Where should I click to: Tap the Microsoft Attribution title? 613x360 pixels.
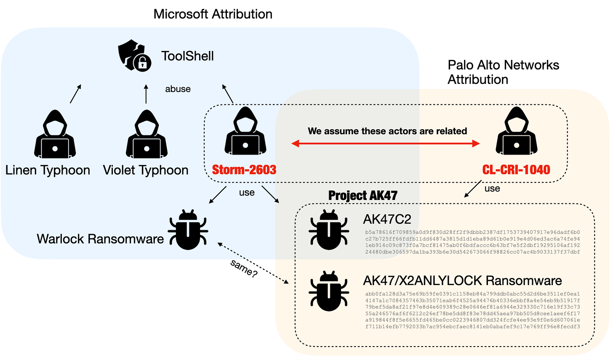pyautogui.click(x=213, y=14)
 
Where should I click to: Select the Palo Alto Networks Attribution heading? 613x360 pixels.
pyautogui.click(x=503, y=72)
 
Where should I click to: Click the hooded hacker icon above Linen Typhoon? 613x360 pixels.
pyautogui.click(x=55, y=134)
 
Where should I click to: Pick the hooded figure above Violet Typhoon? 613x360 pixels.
pyautogui.click(x=147, y=134)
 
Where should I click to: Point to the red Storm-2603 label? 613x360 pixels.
pyautogui.click(x=244, y=170)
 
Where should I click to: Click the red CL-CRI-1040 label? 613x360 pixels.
pyautogui.click(x=516, y=170)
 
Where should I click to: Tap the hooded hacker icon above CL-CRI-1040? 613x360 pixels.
pyautogui.click(x=517, y=131)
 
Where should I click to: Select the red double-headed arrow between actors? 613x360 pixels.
pyautogui.click(x=386, y=144)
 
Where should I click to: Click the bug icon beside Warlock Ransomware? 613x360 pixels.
pyautogui.click(x=188, y=229)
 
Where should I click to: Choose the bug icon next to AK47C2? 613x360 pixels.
pyautogui.click(x=328, y=229)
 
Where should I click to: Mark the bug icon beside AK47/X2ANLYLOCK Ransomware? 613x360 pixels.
pyautogui.click(x=328, y=291)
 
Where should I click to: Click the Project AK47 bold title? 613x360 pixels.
pyautogui.click(x=362, y=195)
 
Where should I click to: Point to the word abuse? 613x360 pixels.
pyautogui.click(x=178, y=89)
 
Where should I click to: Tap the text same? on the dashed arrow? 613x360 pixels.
pyautogui.click(x=244, y=268)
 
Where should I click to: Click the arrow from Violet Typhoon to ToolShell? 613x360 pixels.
pyautogui.click(x=146, y=94)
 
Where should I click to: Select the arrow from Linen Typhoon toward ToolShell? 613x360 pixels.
pyautogui.click(x=75, y=93)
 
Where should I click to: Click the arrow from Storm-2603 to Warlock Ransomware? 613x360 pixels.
pyautogui.click(x=218, y=195)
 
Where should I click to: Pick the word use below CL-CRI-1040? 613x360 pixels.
pyautogui.click(x=492, y=189)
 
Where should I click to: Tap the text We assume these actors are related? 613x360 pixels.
pyautogui.click(x=387, y=131)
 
